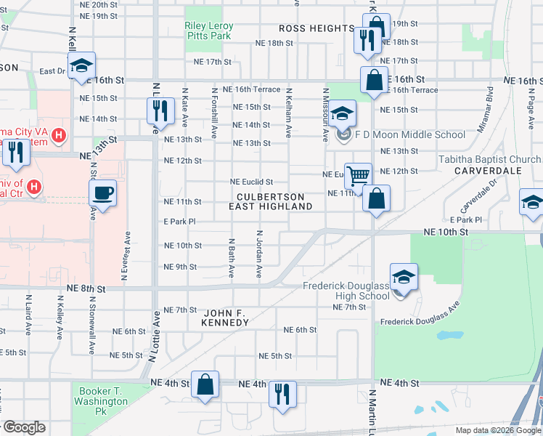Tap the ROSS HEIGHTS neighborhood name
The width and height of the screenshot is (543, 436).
pos(317,28)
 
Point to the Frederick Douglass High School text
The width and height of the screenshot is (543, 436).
pos(346,291)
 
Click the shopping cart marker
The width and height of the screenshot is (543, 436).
pos(359,176)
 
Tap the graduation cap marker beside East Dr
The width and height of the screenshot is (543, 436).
pos(81,65)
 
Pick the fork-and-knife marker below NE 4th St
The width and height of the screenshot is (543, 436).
pos(282,395)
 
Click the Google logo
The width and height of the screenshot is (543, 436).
pos(23,427)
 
